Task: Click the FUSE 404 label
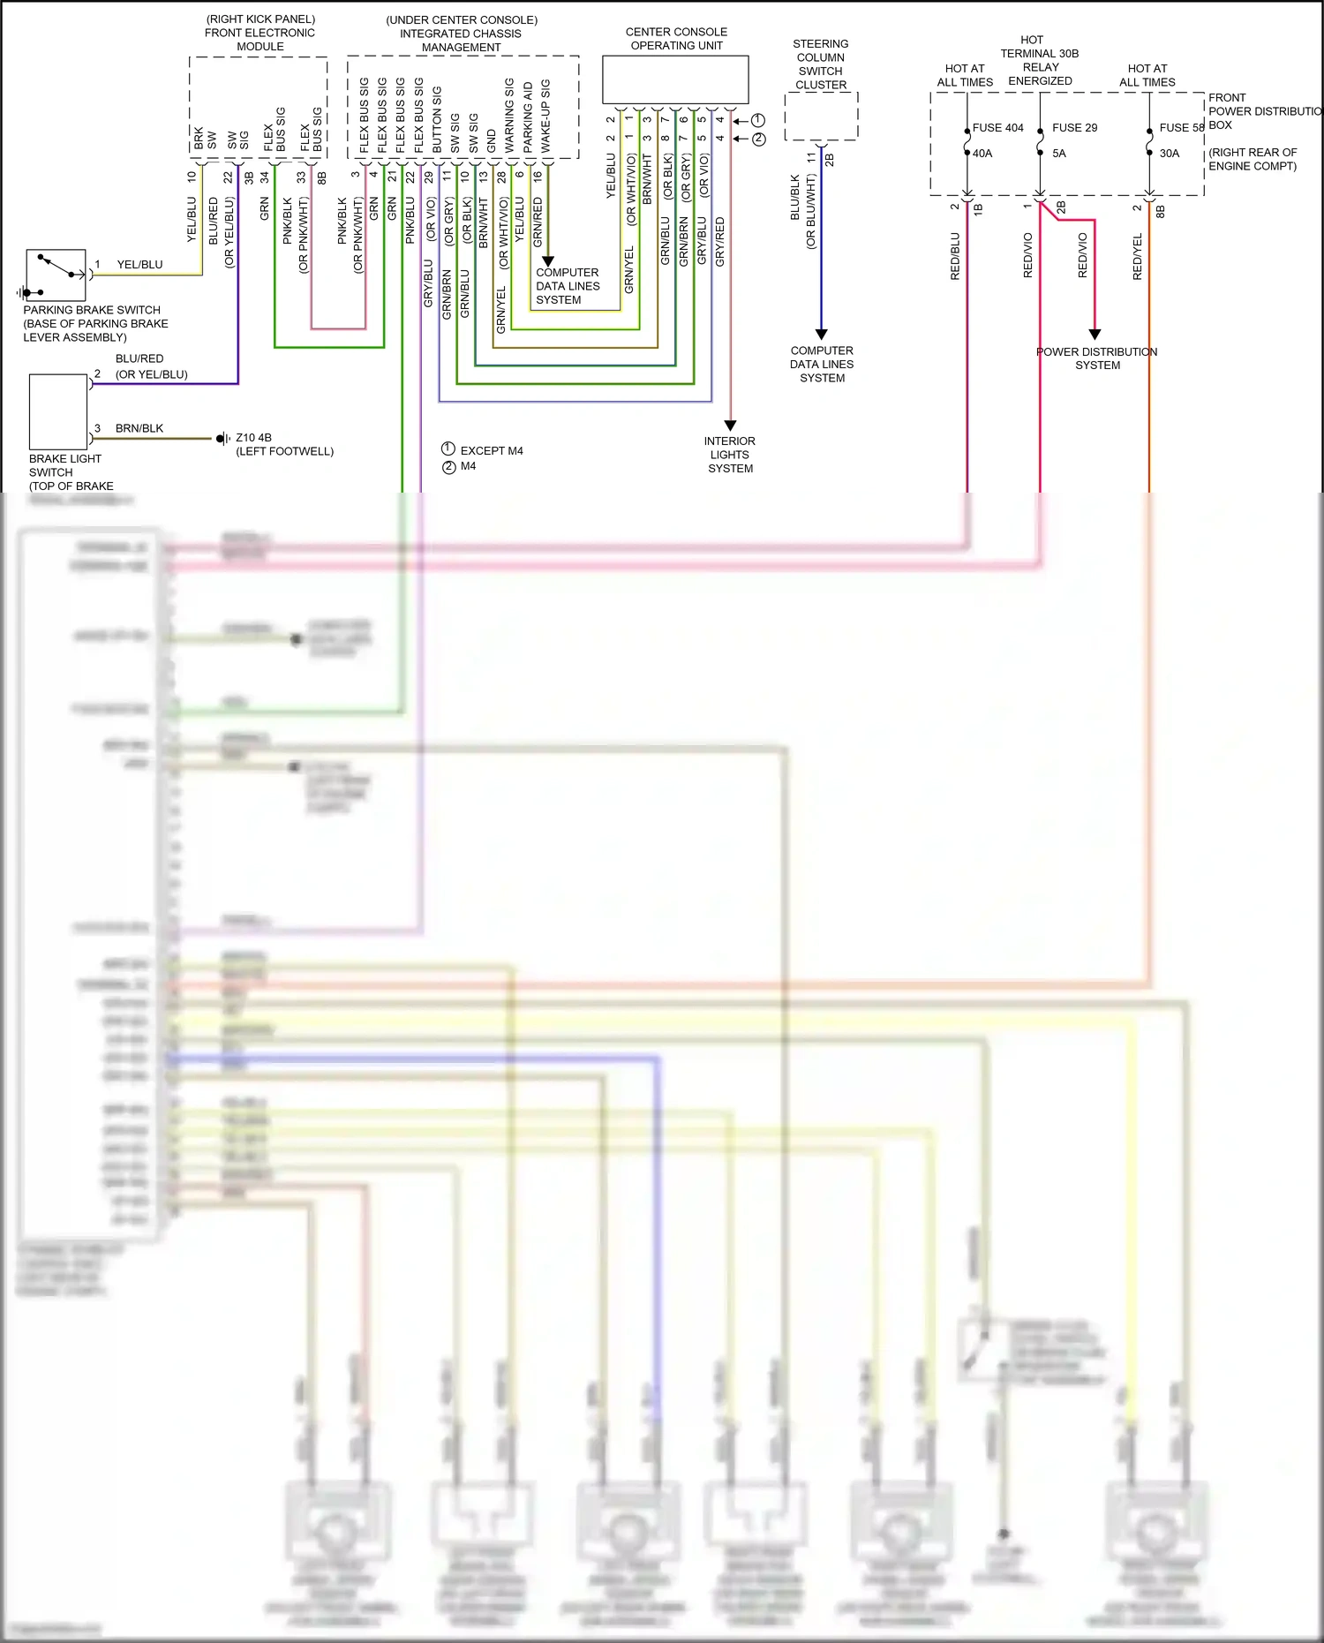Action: pyautogui.click(x=997, y=128)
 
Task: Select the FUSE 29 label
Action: pyautogui.click(x=1074, y=128)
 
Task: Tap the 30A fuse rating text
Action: pyautogui.click(x=1169, y=154)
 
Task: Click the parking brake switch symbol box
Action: pyautogui.click(x=56, y=275)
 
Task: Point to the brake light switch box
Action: pyautogui.click(x=58, y=411)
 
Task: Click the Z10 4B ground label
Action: pyautogui.click(x=253, y=438)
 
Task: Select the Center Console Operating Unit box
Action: pyautogui.click(x=675, y=80)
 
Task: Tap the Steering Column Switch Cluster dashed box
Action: pyautogui.click(x=821, y=116)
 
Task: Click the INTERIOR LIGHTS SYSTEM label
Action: pyautogui.click(x=730, y=455)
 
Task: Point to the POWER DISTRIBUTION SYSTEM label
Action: pyautogui.click(x=1096, y=358)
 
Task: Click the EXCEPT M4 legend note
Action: pyautogui.click(x=491, y=451)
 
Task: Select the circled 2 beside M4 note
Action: pyautogui.click(x=449, y=467)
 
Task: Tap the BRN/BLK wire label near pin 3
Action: pyautogui.click(x=139, y=429)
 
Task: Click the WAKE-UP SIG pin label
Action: pyautogui.click(x=545, y=116)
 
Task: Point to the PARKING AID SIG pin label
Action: pyautogui.click(x=528, y=117)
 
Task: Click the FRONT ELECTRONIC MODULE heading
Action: pyautogui.click(x=260, y=33)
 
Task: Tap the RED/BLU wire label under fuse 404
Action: pyautogui.click(x=955, y=256)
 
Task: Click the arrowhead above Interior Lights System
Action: pyautogui.click(x=730, y=426)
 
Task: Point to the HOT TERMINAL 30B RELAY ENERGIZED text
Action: pyautogui.click(x=1039, y=60)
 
